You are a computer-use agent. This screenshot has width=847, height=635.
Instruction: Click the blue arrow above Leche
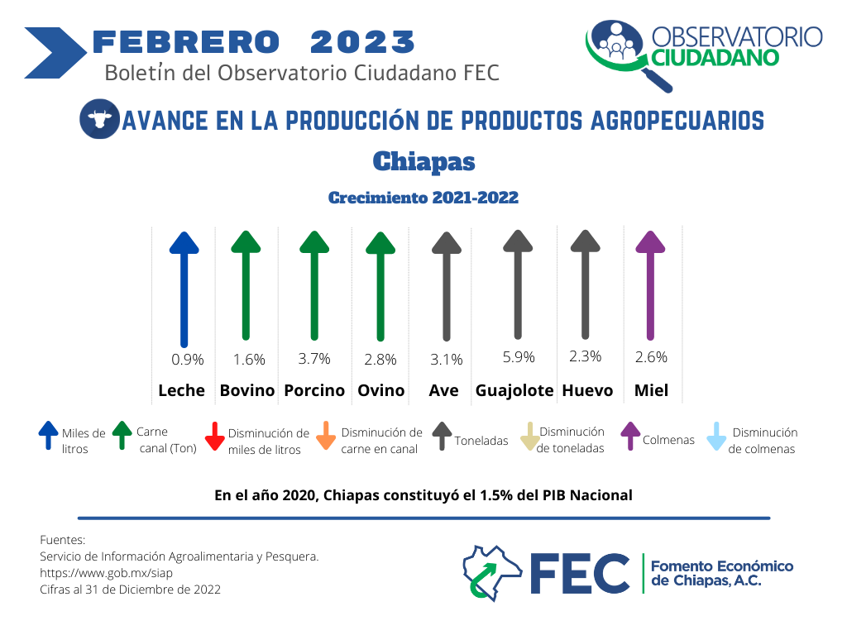coord(184,289)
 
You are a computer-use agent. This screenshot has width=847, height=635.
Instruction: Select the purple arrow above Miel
coord(650,285)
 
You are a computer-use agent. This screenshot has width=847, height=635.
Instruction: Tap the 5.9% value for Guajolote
coord(519,357)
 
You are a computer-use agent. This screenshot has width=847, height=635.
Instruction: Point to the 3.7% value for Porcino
coord(314,359)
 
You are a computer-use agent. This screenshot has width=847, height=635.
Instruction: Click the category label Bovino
coord(247,390)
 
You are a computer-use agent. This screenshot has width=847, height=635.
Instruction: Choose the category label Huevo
coord(588,390)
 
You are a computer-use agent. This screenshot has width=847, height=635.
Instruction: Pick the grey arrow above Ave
coord(447,287)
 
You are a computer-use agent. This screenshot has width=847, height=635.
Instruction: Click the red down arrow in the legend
coord(214,437)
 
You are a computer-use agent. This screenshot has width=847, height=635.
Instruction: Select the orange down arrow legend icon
coord(326,436)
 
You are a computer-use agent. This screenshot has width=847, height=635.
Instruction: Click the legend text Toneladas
coord(481,441)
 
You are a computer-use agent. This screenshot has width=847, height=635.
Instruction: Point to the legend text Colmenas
coord(668,440)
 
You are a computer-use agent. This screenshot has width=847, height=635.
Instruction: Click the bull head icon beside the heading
coord(99,119)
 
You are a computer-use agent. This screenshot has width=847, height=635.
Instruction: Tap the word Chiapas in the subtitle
coord(424,161)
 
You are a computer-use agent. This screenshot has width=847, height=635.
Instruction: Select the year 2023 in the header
coord(362,42)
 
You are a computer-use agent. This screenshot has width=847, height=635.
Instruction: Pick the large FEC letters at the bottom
coord(580,574)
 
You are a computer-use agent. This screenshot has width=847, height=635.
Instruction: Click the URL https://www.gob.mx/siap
coord(107,573)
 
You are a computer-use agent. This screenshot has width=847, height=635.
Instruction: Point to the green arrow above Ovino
coord(380,287)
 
